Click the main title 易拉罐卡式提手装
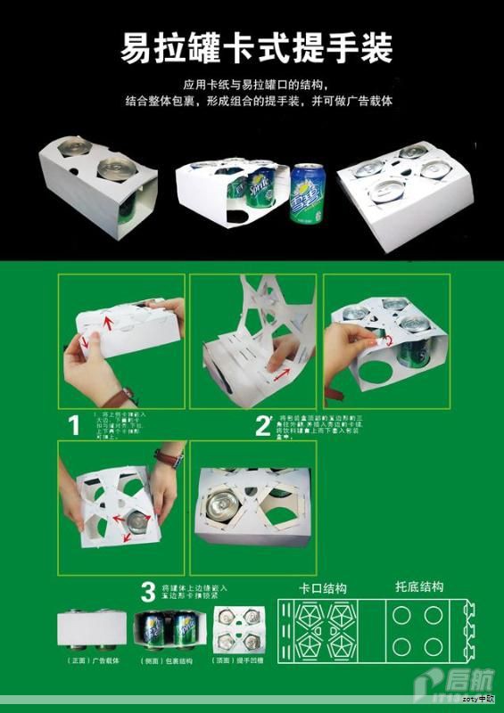[256, 49]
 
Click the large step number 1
[74, 424]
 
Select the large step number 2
[262, 425]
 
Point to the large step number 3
[150, 591]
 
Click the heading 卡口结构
[323, 589]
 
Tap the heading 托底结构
[418, 587]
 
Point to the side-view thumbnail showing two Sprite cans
[169, 630]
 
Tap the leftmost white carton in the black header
[96, 183]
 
